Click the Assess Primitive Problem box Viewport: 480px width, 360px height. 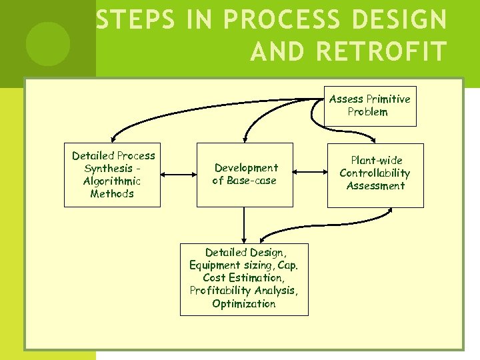370,105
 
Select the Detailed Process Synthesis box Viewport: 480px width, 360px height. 112,175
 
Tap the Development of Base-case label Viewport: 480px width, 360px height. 245,174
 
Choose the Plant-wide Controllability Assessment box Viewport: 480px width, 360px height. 375,174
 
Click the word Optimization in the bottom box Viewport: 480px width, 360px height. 244,304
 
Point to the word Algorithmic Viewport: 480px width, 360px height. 112,181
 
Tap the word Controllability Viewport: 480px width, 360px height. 375,173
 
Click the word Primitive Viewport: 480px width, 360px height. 388,99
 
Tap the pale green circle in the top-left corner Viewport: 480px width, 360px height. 48,43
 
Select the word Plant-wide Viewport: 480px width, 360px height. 377,161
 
